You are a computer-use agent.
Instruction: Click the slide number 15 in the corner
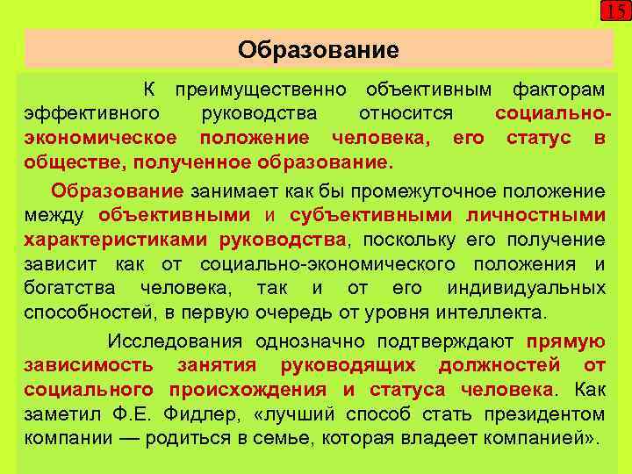[614, 12]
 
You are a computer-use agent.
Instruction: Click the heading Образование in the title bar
[318, 49]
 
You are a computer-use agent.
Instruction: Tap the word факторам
[558, 90]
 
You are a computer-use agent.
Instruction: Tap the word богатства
[74, 289]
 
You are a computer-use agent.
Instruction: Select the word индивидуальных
[526, 289]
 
